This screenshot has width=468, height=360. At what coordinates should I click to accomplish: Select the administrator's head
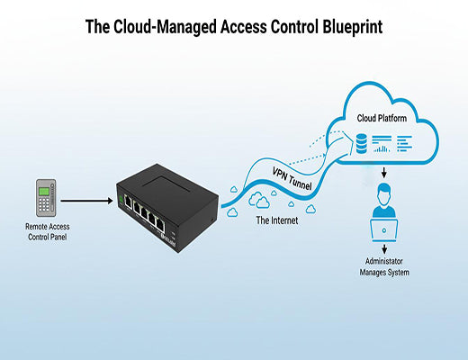[385, 191]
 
